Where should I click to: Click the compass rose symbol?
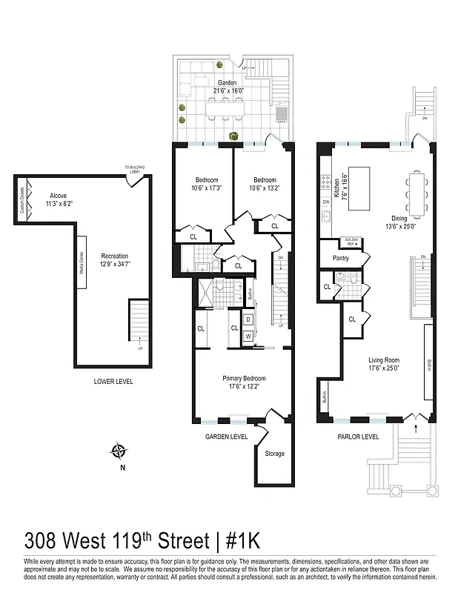118,450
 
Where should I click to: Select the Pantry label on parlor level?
341,258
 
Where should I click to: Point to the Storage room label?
274,454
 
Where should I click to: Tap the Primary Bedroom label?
244,378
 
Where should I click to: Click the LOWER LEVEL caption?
113,382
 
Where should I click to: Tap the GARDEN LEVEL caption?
226,437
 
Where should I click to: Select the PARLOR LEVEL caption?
358,437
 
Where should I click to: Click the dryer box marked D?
248,319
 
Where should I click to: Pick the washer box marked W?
248,335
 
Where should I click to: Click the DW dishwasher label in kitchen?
325,201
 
